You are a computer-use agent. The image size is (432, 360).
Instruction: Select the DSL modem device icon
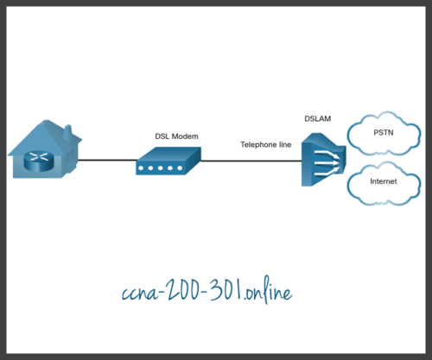pos(168,161)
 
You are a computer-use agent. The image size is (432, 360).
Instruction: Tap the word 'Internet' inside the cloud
pos(384,183)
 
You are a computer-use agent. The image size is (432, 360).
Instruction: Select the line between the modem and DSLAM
pos(251,161)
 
